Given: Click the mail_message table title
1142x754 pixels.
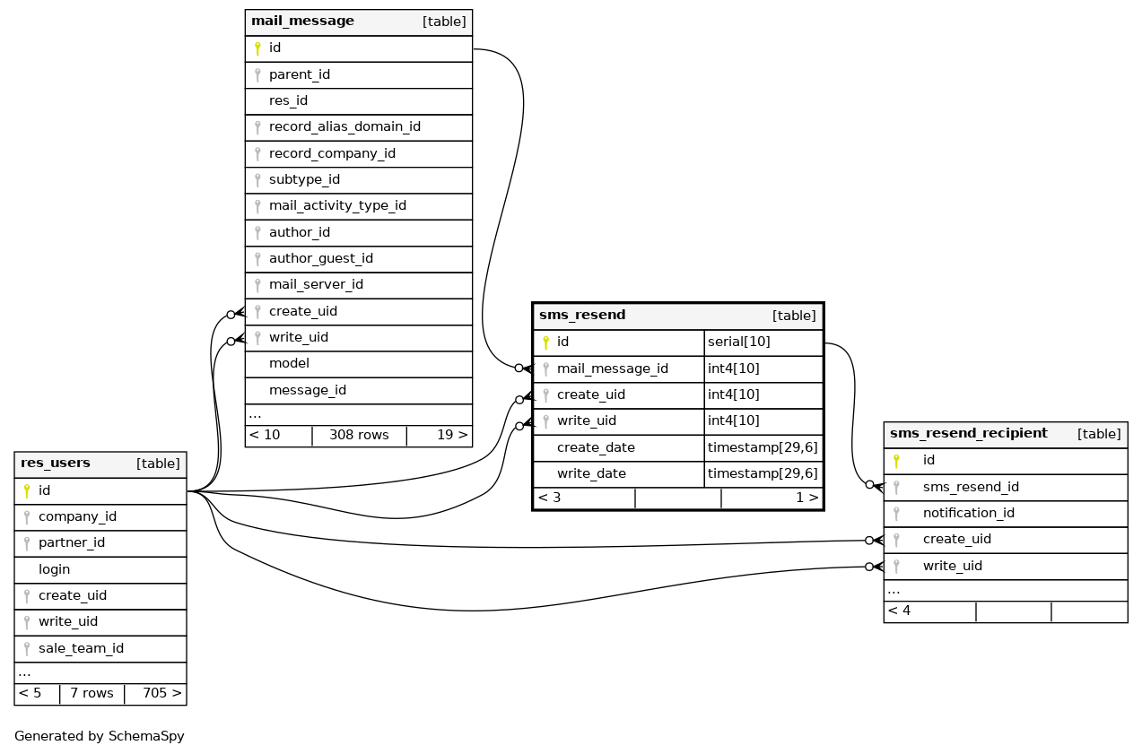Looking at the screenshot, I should click(x=302, y=22).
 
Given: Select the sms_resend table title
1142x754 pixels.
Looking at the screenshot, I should click(x=582, y=316).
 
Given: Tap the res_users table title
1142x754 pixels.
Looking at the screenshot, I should click(x=56, y=464).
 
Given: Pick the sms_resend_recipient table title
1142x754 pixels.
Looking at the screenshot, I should click(x=968, y=434).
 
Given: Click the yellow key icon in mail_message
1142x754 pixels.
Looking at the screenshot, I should click(x=257, y=48).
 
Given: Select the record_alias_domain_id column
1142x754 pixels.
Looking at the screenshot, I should click(x=344, y=127).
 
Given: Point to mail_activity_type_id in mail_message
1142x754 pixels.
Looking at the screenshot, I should click(x=337, y=206).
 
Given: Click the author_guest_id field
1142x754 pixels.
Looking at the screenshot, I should click(x=320, y=259).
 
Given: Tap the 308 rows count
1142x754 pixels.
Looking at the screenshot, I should click(x=359, y=436).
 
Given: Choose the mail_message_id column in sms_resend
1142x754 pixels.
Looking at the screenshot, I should click(x=612, y=368).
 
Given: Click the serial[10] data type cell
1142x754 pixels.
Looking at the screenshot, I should click(x=739, y=342).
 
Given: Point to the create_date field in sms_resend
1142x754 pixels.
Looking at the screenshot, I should click(x=596, y=447).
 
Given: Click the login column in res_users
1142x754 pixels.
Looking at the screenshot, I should click(x=54, y=569).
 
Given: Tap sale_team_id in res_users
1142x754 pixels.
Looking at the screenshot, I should click(x=81, y=648).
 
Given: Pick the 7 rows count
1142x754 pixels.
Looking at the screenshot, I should click(x=92, y=693).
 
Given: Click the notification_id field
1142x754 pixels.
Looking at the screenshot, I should click(x=968, y=513).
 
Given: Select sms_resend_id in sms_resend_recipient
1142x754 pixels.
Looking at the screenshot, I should click(x=971, y=487).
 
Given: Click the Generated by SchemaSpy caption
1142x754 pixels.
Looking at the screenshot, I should click(x=100, y=736).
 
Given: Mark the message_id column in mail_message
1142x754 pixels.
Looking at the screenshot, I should click(x=308, y=390).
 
